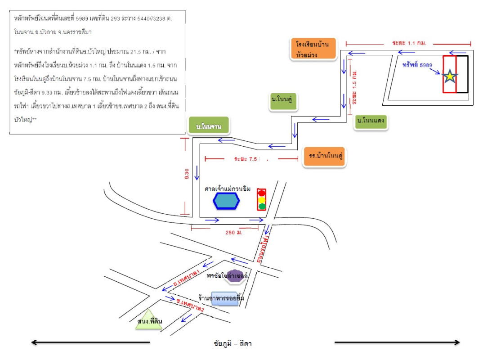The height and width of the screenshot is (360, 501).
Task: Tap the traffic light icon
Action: tap(261, 200)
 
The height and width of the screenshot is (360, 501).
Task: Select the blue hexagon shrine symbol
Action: tap(227, 202)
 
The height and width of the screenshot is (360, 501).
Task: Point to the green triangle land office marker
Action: tap(149, 320)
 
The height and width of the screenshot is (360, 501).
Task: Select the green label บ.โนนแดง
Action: tap(371, 121)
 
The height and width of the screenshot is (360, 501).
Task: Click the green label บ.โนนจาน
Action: tap(209, 126)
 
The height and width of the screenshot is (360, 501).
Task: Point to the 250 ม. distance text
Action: tap(234, 233)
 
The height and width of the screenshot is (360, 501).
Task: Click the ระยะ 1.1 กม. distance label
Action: tap(409, 43)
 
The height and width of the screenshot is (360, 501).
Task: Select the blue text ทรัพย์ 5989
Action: tap(417, 65)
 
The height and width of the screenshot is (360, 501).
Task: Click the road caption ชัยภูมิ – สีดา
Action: tap(233, 344)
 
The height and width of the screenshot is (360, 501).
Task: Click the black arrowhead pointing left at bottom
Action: tap(34, 342)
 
